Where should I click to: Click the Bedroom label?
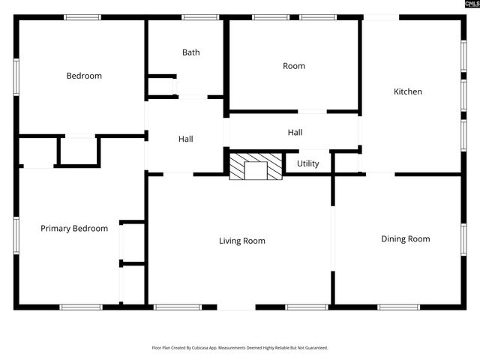click(84, 76)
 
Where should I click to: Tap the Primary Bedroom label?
click(74, 229)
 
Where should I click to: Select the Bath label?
click(191, 52)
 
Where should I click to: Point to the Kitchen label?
click(408, 91)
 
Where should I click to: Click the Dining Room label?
click(405, 239)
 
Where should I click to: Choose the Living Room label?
click(242, 241)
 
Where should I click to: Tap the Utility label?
click(307, 163)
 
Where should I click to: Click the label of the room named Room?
click(294, 66)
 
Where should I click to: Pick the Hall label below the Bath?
click(186, 139)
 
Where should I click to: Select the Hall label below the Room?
click(295, 133)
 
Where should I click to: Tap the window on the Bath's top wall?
click(200, 17)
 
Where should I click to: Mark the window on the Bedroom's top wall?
click(82, 17)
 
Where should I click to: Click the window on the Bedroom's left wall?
click(16, 77)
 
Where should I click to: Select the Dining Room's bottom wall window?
click(398, 307)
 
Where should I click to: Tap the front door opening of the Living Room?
click(236, 307)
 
